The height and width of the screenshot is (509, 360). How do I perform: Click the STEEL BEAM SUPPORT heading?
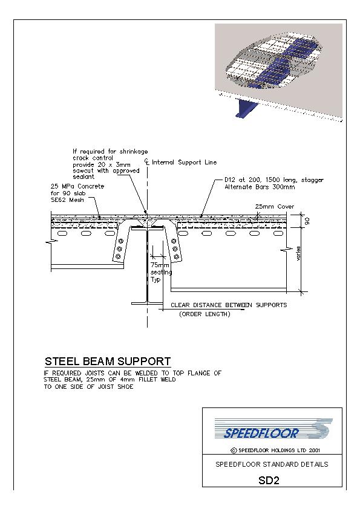(x=108, y=361)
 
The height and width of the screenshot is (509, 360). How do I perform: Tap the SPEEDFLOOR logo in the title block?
(x=273, y=429)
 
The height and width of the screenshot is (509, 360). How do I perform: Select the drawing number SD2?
(x=269, y=480)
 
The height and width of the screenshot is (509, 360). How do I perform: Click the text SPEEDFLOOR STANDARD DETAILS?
(x=272, y=464)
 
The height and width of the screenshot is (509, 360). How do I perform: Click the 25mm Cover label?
(x=274, y=207)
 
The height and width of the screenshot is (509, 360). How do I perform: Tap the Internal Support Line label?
(x=184, y=162)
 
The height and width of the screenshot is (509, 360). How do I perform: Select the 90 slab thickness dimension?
(x=307, y=221)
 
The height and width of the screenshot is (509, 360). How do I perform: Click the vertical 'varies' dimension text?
(x=299, y=253)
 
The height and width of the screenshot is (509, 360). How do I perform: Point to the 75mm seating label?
(x=161, y=272)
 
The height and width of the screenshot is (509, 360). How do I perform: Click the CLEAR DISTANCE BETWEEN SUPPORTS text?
(x=229, y=305)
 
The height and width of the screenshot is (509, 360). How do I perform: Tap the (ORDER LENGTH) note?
(x=205, y=314)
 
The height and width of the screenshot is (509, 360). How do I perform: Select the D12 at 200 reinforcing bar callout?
(x=274, y=183)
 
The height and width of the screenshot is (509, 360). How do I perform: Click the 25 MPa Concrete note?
(x=77, y=186)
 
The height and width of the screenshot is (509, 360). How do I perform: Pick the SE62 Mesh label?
(x=67, y=200)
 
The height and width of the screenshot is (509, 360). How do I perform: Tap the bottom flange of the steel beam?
(x=147, y=303)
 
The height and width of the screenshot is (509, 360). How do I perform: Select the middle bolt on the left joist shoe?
(x=119, y=248)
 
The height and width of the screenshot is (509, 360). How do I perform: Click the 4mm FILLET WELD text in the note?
(x=149, y=380)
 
